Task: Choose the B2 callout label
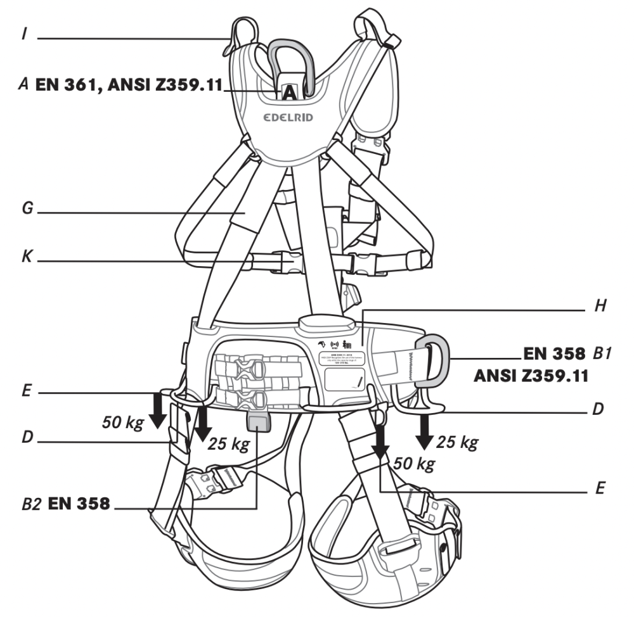(33, 504)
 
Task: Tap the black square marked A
(288, 92)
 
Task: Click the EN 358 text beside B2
(79, 504)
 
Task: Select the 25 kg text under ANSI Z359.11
(457, 441)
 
